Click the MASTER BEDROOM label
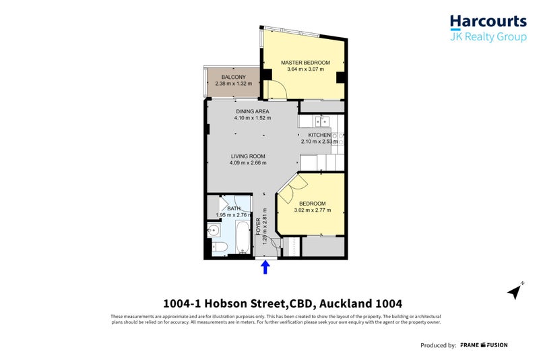coord(302,62)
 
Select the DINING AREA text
coord(253,111)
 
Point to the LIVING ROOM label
coord(248,156)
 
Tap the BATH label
coord(233,208)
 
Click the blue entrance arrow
coord(265,268)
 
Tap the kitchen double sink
coord(321,121)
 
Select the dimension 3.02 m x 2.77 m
coord(312,210)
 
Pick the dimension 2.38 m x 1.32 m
coord(233,84)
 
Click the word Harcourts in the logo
coord(488,21)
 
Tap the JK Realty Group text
coord(488,37)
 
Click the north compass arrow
coord(515,291)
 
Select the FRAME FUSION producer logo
coord(484,345)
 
